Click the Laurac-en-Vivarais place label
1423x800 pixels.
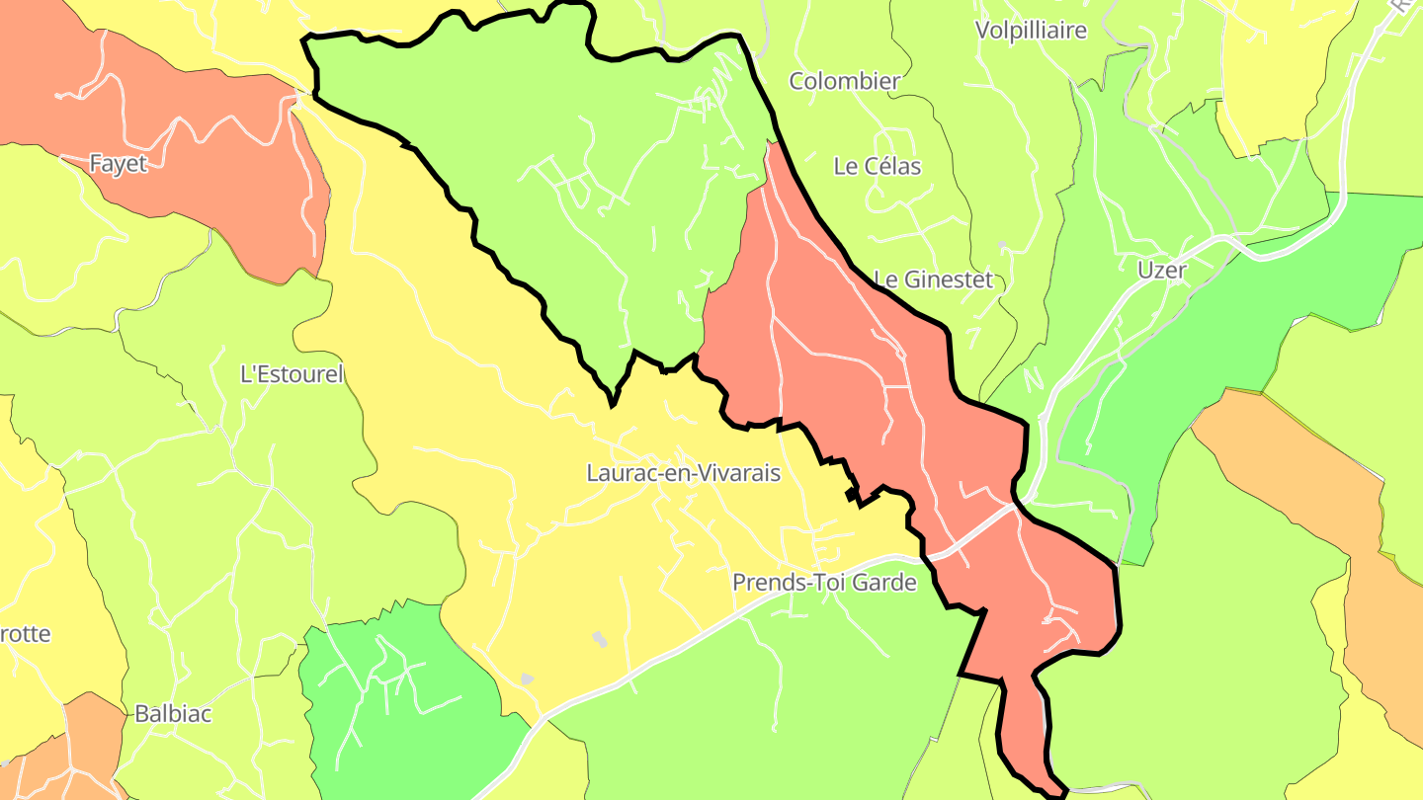683,473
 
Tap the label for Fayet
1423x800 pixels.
118,164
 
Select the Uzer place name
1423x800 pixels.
1161,270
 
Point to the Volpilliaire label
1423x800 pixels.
1031,31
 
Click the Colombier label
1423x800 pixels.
844,81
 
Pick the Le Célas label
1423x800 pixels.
877,167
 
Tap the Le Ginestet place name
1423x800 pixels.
933,280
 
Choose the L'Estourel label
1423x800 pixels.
292,374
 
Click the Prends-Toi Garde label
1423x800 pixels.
823,583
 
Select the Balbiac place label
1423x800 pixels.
173,713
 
